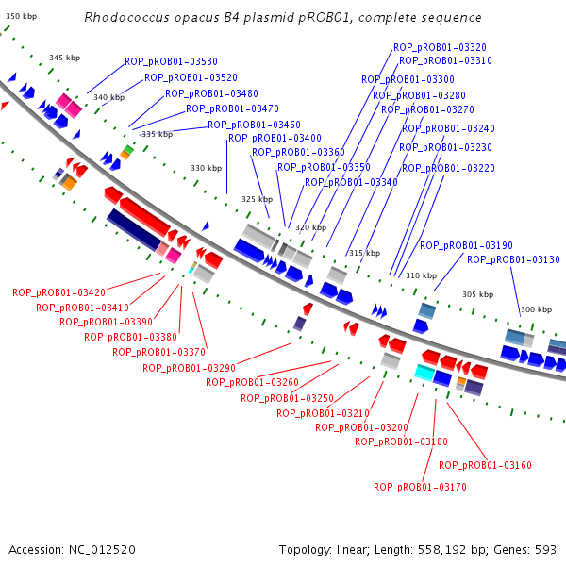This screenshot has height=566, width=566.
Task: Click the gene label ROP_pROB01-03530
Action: pos(171,61)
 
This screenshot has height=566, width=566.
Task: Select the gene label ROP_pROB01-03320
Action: pos(440,47)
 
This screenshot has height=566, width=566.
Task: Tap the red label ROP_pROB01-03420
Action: pos(58,292)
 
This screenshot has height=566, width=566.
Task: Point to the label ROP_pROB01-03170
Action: pos(420,487)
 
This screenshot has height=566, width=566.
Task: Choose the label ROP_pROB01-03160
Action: pos(485,465)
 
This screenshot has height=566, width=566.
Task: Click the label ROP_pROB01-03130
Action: pos(513,259)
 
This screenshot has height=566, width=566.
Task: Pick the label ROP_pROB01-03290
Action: pos(190,368)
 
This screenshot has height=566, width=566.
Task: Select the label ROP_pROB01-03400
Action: pos(275,138)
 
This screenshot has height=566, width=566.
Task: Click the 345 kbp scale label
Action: pos(64,58)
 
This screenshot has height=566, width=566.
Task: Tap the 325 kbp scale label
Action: pos(257,199)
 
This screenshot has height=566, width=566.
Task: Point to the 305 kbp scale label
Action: pos(477,294)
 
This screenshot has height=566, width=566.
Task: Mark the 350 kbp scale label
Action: pos(22,16)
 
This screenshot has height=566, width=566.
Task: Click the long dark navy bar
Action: pos(134,229)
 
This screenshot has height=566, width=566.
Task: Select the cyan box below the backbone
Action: pos(424,373)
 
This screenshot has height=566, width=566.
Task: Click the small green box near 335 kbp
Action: pos(128,149)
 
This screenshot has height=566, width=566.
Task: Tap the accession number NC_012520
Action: pos(102,550)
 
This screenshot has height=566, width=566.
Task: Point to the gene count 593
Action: pos(545,550)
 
